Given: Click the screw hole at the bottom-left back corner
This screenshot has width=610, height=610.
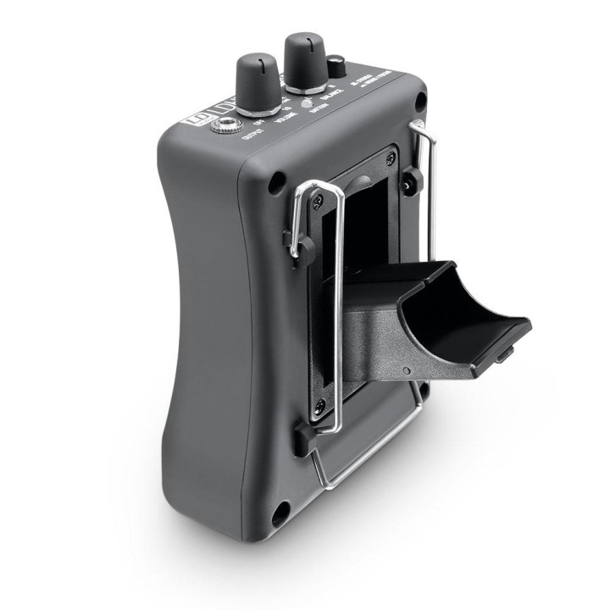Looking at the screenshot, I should (278, 510).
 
